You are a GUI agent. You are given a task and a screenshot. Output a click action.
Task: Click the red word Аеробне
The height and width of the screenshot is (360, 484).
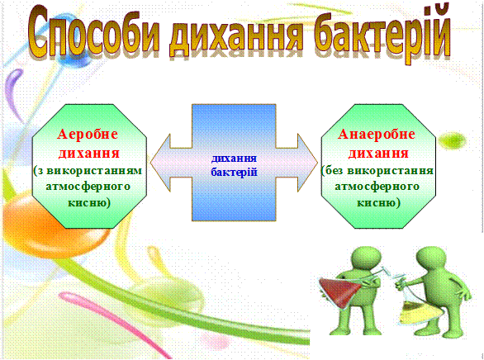tap(88, 135)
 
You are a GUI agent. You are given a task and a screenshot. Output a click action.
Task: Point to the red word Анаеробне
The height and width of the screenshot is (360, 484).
tap(377, 135)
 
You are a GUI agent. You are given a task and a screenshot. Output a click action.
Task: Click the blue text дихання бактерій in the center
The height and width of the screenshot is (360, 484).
tap(234, 165)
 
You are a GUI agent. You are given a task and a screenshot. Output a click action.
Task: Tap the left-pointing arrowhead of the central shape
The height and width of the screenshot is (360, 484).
tap(160, 163)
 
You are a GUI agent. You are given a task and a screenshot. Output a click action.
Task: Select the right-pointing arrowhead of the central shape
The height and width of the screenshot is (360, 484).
tap(308, 163)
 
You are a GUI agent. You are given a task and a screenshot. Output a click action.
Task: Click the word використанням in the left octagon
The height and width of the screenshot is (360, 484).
tap(94, 171)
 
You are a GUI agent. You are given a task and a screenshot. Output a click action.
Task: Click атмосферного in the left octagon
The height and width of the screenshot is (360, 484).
tap(88, 187)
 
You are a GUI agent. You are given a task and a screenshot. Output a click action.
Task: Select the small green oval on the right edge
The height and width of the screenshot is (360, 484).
tap(452, 141)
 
